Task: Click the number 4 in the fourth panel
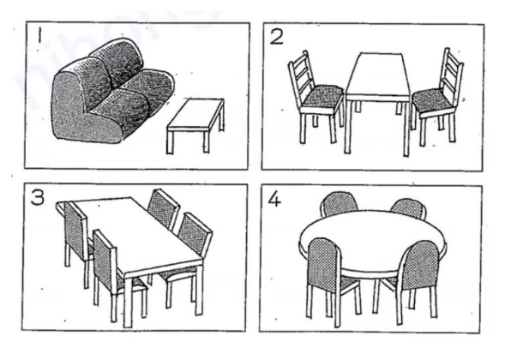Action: tap(275, 198)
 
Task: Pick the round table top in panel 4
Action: tap(373, 236)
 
